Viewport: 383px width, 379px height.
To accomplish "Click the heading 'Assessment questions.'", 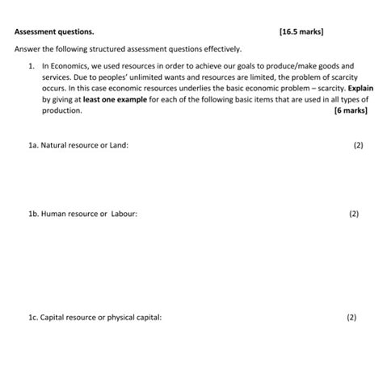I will coord(54,33).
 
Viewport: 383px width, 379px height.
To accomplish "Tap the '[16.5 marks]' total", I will coord(301,33).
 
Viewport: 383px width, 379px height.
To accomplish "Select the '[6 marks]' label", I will coord(350,110).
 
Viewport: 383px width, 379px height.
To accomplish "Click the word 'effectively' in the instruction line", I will coord(221,49).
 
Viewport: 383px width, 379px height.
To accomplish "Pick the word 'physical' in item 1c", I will coord(118,317).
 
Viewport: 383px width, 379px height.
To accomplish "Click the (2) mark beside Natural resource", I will coord(358,145).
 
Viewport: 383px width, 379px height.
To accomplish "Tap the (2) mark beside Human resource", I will coord(354,214).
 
